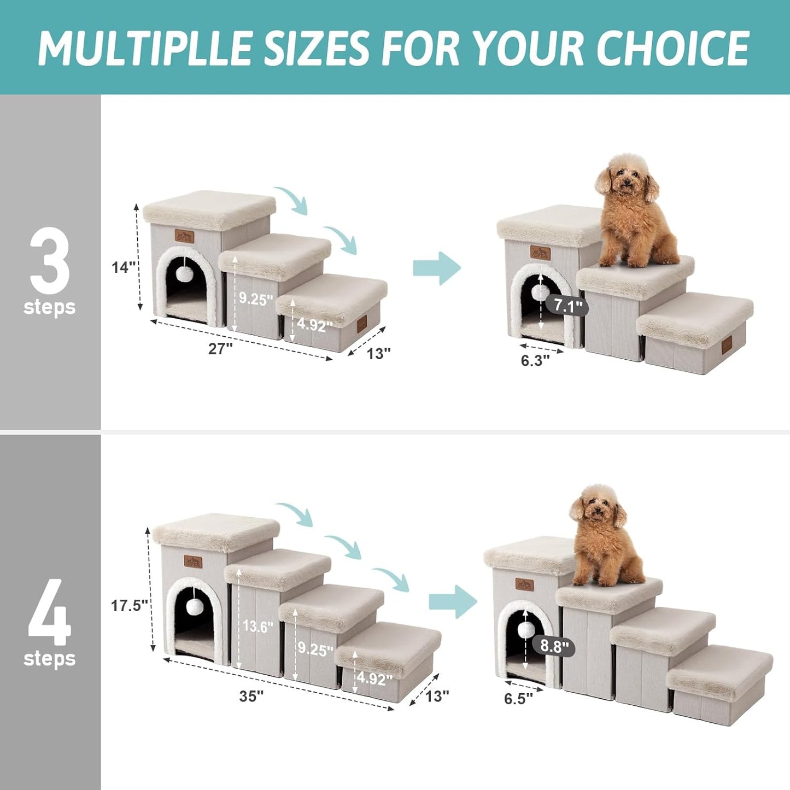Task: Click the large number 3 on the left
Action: [x=50, y=261]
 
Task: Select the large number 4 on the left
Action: [x=50, y=612]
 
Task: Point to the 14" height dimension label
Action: [x=124, y=267]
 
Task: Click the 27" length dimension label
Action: [x=220, y=348]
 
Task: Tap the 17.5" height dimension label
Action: [x=130, y=605]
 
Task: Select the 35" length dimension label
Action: [x=251, y=696]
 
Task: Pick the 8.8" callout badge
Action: [x=554, y=647]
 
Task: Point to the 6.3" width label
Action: [x=535, y=360]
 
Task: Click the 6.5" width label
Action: [x=518, y=699]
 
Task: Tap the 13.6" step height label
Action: [x=258, y=627]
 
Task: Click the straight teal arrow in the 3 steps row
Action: [x=437, y=268]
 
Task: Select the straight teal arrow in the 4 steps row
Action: [x=453, y=601]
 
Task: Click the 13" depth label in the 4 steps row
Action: [x=437, y=696]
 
